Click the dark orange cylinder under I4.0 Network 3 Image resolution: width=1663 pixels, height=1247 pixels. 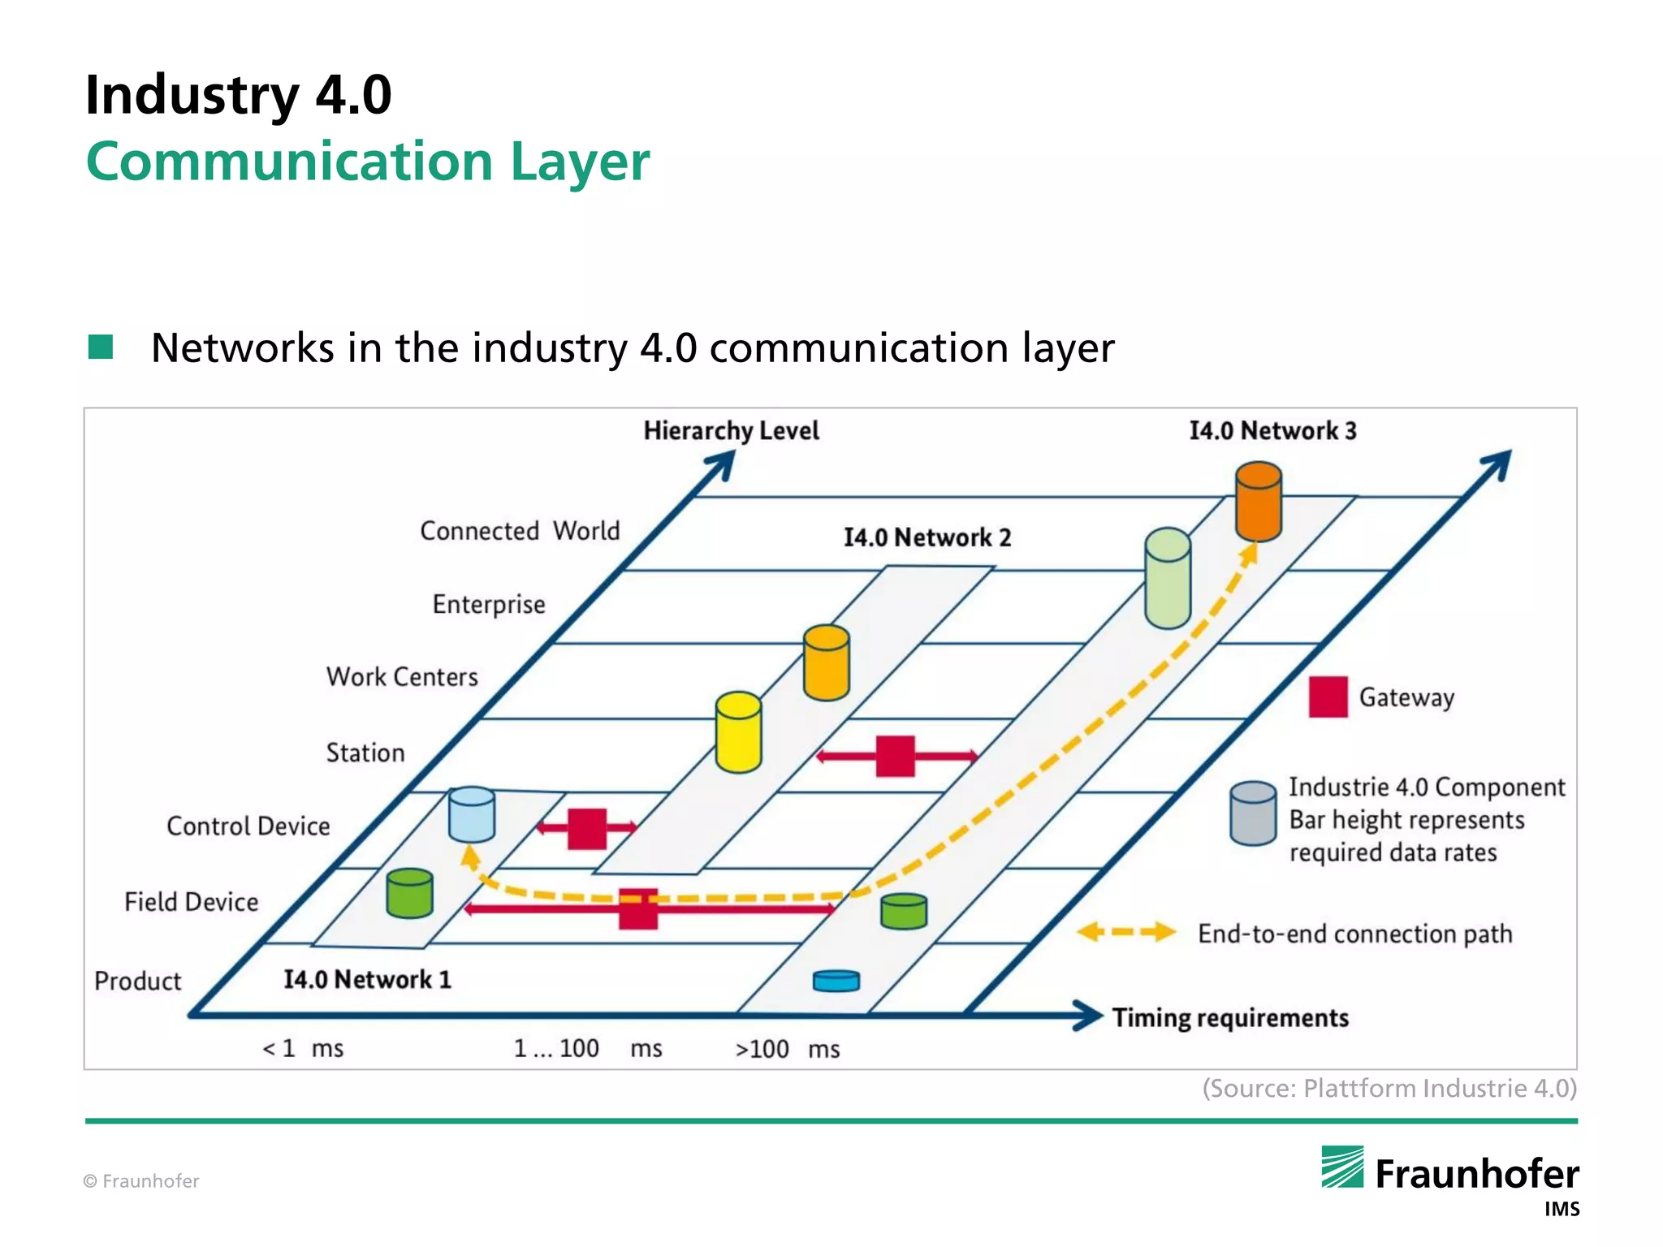(1258, 502)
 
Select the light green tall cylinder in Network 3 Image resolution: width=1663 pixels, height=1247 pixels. (1167, 579)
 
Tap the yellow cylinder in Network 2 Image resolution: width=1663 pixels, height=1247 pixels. (738, 732)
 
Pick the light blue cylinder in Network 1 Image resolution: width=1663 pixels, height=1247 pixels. (472, 814)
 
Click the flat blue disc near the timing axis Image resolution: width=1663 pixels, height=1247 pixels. (836, 981)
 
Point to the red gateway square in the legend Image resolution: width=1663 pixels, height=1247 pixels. (1328, 697)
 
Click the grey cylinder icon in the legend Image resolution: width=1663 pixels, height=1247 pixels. (1252, 813)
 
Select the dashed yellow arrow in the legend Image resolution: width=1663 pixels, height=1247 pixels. (1126, 932)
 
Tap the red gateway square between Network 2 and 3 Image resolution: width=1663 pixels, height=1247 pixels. (895, 756)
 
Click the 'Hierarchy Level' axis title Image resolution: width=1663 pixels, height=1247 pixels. (731, 430)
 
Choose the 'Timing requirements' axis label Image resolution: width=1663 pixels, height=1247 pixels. (1229, 1018)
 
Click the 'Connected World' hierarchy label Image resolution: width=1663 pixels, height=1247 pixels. (520, 531)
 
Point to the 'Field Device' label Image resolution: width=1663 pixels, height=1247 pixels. (191, 902)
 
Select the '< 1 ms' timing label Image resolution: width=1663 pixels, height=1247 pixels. (303, 1049)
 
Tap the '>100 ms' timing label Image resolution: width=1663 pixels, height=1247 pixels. (787, 1050)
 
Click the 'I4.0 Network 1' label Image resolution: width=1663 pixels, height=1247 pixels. (367, 979)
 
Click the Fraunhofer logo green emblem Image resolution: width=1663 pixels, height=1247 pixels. (1342, 1167)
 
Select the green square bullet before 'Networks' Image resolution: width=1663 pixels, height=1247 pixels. (101, 347)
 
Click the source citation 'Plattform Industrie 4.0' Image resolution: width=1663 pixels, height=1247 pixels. (1389, 1088)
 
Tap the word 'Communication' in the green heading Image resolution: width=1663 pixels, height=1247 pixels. (290, 162)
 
